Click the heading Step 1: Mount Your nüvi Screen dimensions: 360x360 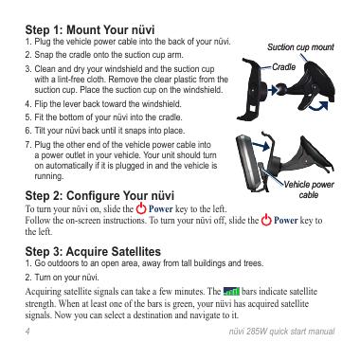pyautogui.click(x=90, y=30)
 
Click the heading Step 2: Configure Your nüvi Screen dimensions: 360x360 pyautogui.click(x=99, y=196)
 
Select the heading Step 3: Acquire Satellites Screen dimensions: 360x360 pyautogui.click(x=93, y=252)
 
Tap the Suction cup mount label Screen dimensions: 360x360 pyautogui.click(x=300, y=47)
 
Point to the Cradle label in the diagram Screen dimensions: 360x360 pyautogui.click(x=284, y=67)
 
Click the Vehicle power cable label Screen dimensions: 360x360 pyautogui.click(x=309, y=189)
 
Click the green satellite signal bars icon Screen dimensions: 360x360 pyautogui.click(x=231, y=291)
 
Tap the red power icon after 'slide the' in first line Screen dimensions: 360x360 pyautogui.click(x=141, y=208)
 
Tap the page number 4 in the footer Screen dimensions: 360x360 pyautogui.click(x=27, y=332)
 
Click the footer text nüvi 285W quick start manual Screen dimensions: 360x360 pyautogui.click(x=281, y=332)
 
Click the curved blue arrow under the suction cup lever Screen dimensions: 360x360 pyautogui.click(x=318, y=106)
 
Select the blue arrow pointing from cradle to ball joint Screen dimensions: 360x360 pyautogui.click(x=272, y=91)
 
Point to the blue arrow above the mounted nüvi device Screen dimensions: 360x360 pyautogui.click(x=261, y=145)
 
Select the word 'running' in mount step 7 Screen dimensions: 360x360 pyautogui.click(x=48, y=176)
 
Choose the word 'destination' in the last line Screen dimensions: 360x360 pyautogui.click(x=160, y=315)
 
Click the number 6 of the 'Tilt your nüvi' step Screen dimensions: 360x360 pyautogui.click(x=27, y=131)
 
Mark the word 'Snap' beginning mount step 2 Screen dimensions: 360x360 pyautogui.click(x=44, y=55)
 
